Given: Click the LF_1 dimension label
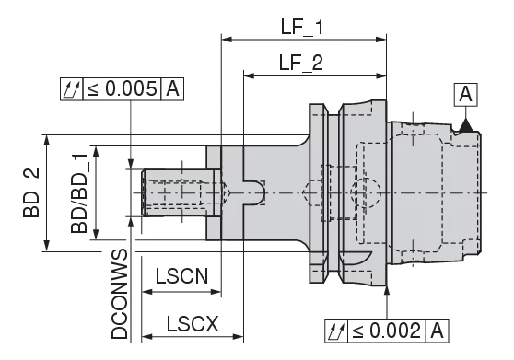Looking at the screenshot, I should coord(301,27).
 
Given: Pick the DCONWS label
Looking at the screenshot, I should coord(119,294).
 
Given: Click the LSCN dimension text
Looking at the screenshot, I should coord(181,276).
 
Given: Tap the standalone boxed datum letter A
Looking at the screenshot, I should coord(466,94).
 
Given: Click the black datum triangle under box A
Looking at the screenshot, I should coord(466,123).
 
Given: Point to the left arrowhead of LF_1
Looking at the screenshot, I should coord(226,41).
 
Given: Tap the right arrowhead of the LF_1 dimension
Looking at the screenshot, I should coord(381,41).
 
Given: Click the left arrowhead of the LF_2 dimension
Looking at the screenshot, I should coord(248,76).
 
